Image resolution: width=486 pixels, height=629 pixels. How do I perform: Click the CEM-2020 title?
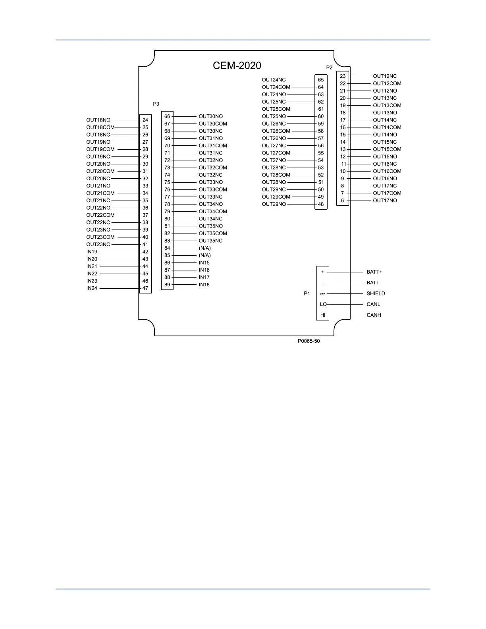pyautogui.click(x=237, y=66)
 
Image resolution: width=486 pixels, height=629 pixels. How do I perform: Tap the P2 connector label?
pyautogui.click(x=329, y=68)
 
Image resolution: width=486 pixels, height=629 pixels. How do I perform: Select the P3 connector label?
pyautogui.click(x=156, y=104)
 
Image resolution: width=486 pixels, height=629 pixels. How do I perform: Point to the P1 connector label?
pyautogui.click(x=307, y=293)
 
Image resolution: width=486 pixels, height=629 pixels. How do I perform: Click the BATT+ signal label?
pyautogui.click(x=374, y=272)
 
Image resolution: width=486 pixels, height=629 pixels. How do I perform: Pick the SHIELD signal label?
pyautogui.click(x=376, y=293)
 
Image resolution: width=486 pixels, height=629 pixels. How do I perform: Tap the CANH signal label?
pyautogui.click(x=374, y=315)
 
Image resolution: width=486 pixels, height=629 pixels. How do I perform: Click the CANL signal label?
pyautogui.click(x=373, y=304)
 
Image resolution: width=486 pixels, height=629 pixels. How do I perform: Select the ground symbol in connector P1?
pyautogui.click(x=322, y=293)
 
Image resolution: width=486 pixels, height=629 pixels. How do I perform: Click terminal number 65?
pyautogui.click(x=321, y=80)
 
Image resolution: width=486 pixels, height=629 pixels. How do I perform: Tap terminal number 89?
pyautogui.click(x=167, y=284)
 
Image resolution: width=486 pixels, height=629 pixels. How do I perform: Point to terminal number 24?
pyautogui.click(x=145, y=120)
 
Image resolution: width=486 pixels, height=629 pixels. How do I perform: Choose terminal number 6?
pyautogui.click(x=342, y=201)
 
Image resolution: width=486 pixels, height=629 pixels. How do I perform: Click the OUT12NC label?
pyautogui.click(x=384, y=76)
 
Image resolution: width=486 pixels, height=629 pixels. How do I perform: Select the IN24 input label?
pyautogui.click(x=92, y=288)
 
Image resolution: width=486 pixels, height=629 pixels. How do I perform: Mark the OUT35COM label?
pyautogui.click(x=213, y=233)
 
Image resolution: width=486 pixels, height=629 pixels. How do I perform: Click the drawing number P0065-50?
pyautogui.click(x=309, y=341)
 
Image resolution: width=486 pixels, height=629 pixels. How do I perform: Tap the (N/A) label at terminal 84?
pyautogui.click(x=205, y=248)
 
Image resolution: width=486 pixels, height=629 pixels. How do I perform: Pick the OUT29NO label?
pyautogui.click(x=274, y=204)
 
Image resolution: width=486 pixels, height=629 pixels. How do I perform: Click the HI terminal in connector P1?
pyautogui.click(x=323, y=315)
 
